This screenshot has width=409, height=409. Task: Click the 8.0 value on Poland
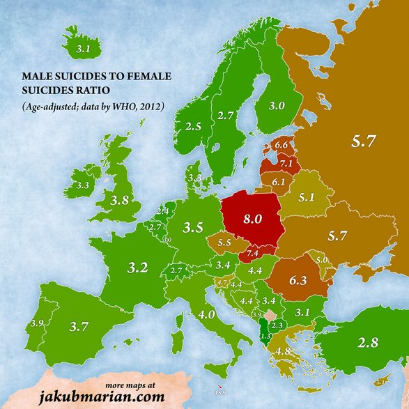252,218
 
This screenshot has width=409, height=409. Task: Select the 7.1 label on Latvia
286,163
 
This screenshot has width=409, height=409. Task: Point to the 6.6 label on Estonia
281,145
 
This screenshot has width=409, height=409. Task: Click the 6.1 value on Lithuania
279,182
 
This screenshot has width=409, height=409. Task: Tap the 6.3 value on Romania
298,281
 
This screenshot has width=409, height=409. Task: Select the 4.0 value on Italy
206,314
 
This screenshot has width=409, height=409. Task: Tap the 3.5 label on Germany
192,227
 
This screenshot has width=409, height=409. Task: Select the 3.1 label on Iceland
83,49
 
